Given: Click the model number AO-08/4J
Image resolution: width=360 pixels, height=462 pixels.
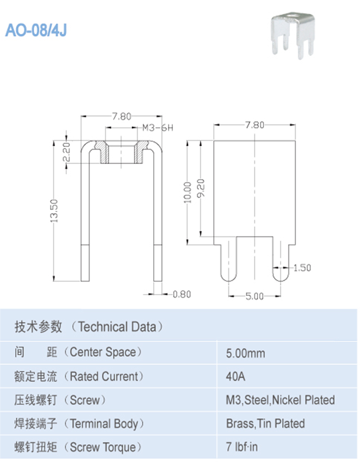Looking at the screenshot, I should pos(37,30).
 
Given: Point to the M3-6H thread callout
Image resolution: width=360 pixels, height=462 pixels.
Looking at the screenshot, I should pos(157,128).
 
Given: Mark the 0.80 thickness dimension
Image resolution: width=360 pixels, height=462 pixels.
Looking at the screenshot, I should pos(181,294).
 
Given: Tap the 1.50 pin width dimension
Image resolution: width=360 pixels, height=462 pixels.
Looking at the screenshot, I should pos(302,268).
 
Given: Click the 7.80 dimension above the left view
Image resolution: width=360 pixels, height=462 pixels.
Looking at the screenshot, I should pos(121,116).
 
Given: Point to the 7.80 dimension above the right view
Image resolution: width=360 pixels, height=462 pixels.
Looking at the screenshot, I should pos(255,125).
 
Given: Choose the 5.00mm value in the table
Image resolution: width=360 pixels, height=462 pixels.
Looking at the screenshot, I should pos(246,351).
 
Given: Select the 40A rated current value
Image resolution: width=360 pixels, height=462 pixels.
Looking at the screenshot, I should pos(236,376).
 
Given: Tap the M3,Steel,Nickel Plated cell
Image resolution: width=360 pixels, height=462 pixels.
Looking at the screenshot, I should pos(280,400).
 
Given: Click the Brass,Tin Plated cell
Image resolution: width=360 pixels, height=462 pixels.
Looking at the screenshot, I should pos(265,423).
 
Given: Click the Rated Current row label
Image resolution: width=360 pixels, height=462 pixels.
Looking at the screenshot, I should pos(79,376).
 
